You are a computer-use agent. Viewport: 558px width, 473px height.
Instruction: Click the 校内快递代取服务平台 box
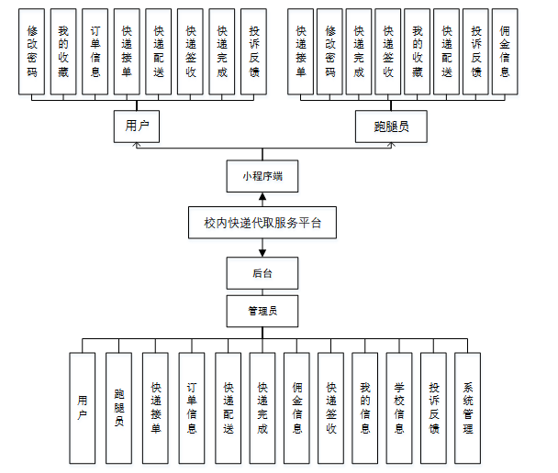tap(263, 222)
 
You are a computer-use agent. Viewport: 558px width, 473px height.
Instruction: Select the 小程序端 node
tap(263, 174)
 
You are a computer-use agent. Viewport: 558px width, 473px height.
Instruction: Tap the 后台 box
tap(263, 272)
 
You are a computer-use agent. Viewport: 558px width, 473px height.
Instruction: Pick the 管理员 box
tap(263, 310)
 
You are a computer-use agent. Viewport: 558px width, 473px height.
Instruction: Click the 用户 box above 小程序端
tap(137, 126)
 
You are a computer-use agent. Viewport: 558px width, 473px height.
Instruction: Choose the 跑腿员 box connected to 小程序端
tap(391, 126)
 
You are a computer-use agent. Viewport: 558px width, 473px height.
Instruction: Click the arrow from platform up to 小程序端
tap(263, 198)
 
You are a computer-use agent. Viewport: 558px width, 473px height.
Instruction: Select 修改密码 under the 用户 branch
tap(32, 50)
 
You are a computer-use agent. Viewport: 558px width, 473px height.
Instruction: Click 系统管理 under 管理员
tap(468, 407)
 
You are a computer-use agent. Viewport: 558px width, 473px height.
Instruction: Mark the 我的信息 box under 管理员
tap(364, 407)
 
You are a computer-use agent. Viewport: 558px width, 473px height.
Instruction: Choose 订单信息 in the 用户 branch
tap(95, 50)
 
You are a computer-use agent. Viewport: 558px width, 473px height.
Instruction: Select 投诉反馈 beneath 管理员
tap(434, 407)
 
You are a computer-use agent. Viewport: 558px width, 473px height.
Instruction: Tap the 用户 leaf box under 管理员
tap(83, 407)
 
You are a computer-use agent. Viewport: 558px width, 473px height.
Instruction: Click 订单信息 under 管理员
tap(192, 407)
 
